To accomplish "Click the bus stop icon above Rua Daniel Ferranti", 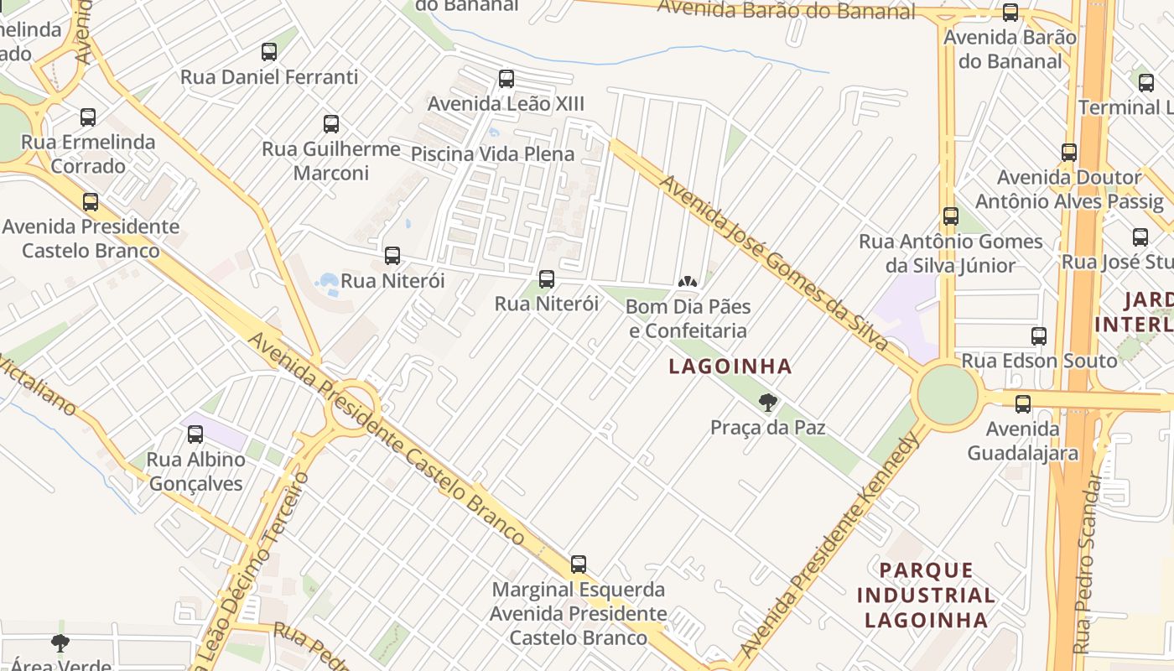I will (269, 52).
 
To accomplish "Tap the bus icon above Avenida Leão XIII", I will (506, 79).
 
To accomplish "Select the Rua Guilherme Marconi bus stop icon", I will (331, 124).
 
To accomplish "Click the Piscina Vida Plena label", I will (492, 154).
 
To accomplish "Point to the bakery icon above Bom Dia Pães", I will (688, 282).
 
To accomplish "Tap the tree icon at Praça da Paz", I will (767, 403).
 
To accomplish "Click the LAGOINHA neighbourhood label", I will (730, 367).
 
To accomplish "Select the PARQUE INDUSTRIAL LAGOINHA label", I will (926, 596).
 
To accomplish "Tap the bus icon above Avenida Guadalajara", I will (1023, 404).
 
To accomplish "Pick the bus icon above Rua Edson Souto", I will (1039, 336).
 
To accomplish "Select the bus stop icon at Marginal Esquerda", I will (579, 564).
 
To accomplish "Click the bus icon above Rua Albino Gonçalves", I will (195, 434).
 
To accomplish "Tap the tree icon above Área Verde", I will (60, 643).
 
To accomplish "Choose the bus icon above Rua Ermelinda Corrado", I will (88, 117).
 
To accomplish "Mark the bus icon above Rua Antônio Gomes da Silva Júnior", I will (950, 216).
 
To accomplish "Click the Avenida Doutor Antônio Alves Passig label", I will (1069, 190).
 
